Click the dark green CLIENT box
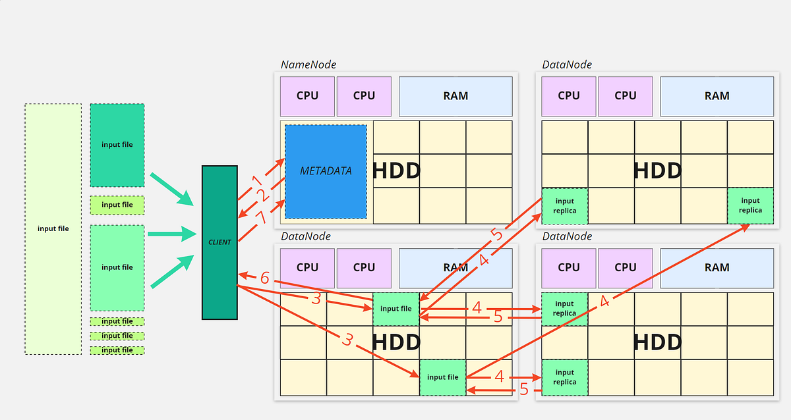220,242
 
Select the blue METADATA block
326,171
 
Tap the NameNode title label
308,65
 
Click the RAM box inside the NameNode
455,96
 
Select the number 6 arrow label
264,278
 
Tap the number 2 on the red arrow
261,196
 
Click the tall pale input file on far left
53,229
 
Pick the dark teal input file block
117,145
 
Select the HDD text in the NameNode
396,171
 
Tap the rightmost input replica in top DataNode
750,205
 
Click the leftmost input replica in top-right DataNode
564,205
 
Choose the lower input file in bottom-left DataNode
442,377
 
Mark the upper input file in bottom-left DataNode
395,309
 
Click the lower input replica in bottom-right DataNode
564,377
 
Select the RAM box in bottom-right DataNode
717,267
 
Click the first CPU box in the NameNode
307,96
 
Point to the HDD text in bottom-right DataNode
657,342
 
